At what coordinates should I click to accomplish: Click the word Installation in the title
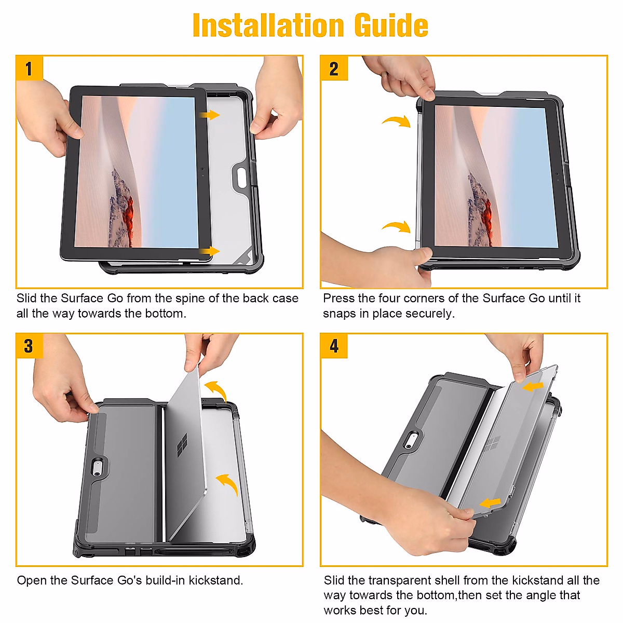[268, 25]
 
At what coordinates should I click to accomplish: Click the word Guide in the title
[391, 25]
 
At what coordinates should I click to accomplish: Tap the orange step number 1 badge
[30, 68]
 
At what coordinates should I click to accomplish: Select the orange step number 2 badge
[334, 68]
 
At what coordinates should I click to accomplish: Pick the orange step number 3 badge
[30, 346]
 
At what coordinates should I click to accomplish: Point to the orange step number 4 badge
[334, 346]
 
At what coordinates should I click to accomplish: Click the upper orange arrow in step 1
[210, 115]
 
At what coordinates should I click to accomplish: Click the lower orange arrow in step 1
[210, 251]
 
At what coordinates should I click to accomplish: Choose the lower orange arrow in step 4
[490, 503]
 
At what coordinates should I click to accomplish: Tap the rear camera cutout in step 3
[97, 468]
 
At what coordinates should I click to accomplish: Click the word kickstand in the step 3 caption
[215, 580]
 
